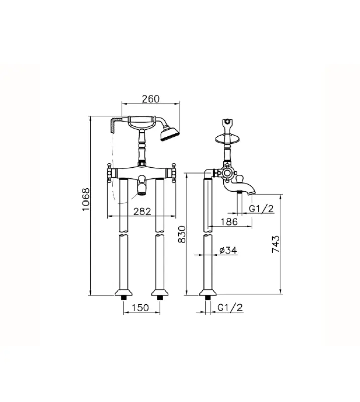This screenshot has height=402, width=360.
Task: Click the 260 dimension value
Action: tap(151, 99)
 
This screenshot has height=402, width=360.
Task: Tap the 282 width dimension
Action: tap(142, 212)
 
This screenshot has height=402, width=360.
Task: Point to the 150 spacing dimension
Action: tap(142, 308)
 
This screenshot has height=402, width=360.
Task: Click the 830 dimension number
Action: tap(182, 234)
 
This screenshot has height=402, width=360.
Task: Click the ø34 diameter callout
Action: tap(228, 250)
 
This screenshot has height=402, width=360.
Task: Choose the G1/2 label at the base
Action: tap(230, 308)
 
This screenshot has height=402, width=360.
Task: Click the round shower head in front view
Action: tap(169, 134)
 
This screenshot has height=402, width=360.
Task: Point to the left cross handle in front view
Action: tap(110, 173)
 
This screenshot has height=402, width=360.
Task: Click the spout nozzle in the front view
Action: tap(142, 188)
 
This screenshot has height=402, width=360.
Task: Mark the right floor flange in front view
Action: tap(160, 293)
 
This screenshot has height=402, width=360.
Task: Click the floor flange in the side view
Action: tap(207, 293)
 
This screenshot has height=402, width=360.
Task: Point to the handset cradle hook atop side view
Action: tap(229, 123)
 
